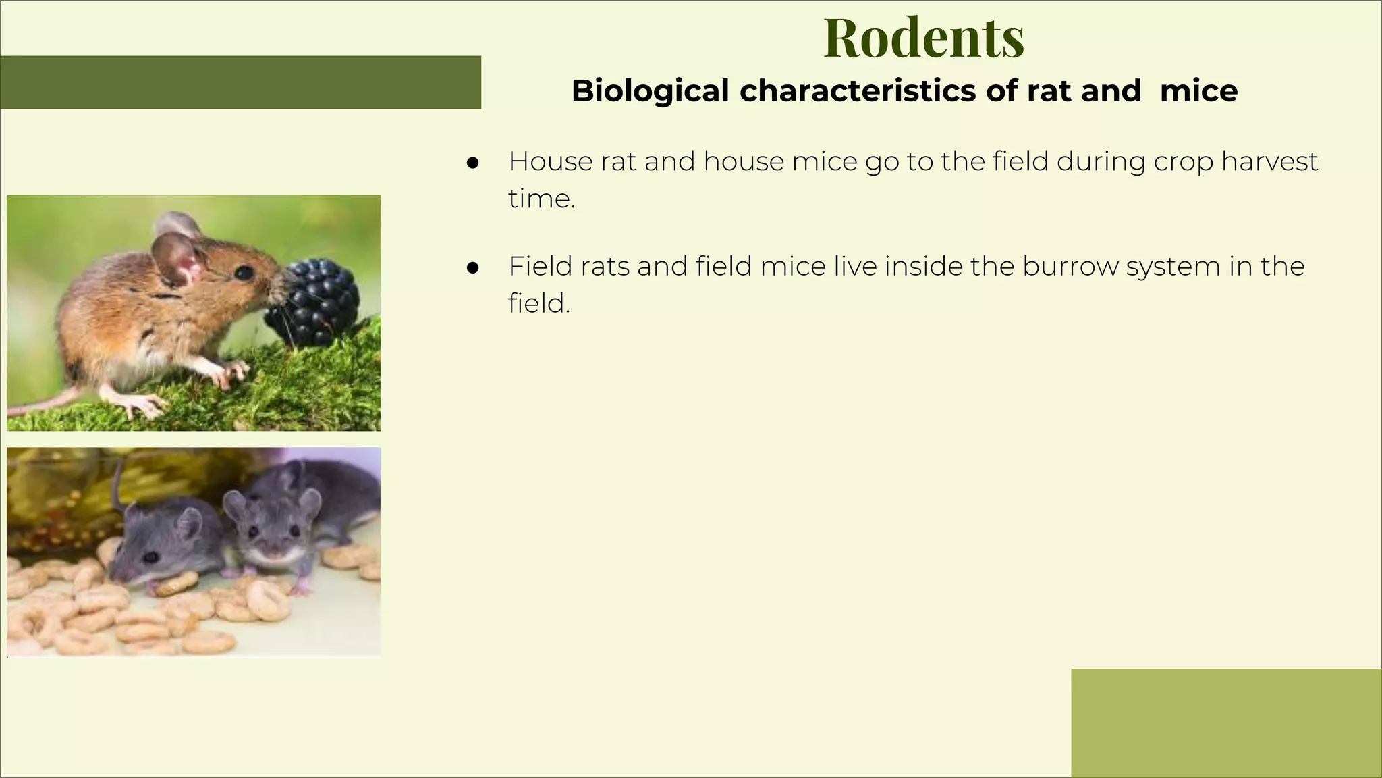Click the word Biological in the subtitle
pyautogui.click(x=650, y=90)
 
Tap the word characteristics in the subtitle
pyautogui.click(x=858, y=90)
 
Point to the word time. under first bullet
pyautogui.click(x=542, y=199)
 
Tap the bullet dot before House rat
pyautogui.click(x=472, y=163)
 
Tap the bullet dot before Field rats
pyautogui.click(x=472, y=267)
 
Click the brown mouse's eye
pyautogui.click(x=244, y=272)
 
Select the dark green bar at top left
pyautogui.click(x=240, y=82)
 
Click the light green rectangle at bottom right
pyautogui.click(x=1225, y=723)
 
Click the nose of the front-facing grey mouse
pyautogui.click(x=273, y=552)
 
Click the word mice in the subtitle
pyautogui.click(x=1198, y=90)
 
